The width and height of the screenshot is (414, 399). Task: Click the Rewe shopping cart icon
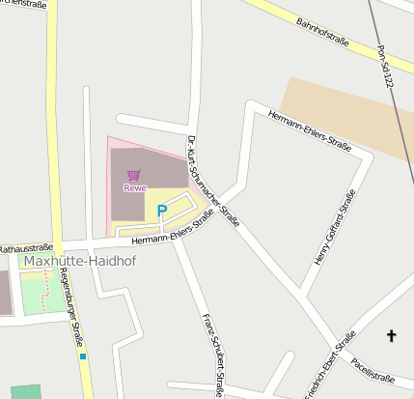pyautogui.click(x=133, y=175)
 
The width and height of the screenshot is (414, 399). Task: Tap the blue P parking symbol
pyautogui.click(x=162, y=210)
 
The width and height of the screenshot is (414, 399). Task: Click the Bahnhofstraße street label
pyautogui.click(x=322, y=36)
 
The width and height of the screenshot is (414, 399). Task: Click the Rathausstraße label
pyautogui.click(x=26, y=248)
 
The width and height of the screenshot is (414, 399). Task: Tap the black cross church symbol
pyautogui.click(x=392, y=335)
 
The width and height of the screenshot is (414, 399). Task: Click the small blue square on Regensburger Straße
pyautogui.click(x=83, y=356)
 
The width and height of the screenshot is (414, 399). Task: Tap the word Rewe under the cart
pyautogui.click(x=134, y=187)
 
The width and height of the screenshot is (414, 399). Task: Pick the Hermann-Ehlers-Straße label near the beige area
pyautogui.click(x=309, y=131)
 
